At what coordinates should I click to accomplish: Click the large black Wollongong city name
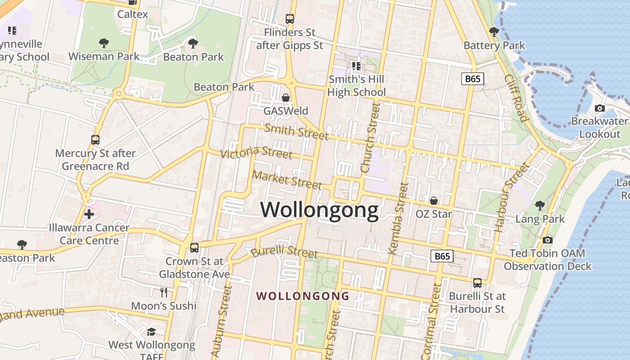tap(319, 210)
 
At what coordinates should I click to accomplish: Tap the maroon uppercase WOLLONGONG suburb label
tap(302, 296)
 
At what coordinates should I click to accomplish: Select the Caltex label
tap(132, 14)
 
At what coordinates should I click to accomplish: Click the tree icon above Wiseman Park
tap(104, 43)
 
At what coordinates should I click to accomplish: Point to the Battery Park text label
tap(494, 45)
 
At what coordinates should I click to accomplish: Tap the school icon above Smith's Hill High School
tap(356, 67)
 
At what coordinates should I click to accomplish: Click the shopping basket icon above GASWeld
tap(286, 98)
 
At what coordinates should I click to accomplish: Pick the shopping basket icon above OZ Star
tap(434, 201)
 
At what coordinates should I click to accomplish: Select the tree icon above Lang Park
tap(540, 206)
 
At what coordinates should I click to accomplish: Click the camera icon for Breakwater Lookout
tap(600, 108)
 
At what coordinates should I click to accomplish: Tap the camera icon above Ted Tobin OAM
tap(548, 240)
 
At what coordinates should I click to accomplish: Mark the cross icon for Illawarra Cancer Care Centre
tap(89, 214)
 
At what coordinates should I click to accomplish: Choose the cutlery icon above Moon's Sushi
tap(164, 292)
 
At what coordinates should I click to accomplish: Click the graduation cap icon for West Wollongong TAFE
tap(152, 332)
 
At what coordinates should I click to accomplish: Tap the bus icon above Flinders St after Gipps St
tap(290, 19)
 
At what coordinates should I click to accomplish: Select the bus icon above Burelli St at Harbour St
tap(477, 283)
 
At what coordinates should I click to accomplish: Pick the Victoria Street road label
tap(256, 152)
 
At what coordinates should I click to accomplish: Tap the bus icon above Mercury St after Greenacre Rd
tap(95, 139)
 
